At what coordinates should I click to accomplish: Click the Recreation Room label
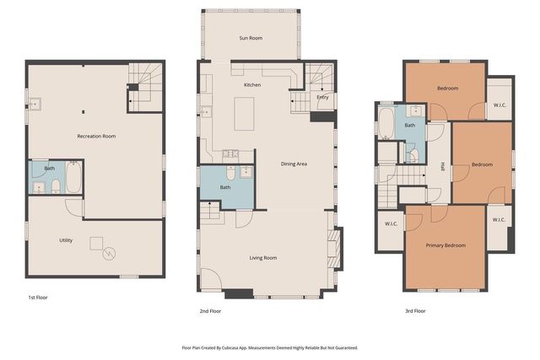95,136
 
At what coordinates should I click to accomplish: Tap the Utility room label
66,240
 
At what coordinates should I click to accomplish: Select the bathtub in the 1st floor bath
73,178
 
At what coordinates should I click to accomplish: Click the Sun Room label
251,38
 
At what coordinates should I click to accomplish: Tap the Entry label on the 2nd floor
322,97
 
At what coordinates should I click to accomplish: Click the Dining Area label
294,163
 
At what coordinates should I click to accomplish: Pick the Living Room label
264,258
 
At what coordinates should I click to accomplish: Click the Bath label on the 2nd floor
225,187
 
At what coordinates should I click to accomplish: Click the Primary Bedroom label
445,245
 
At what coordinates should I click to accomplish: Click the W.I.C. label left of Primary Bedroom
391,224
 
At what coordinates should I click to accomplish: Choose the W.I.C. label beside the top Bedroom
499,105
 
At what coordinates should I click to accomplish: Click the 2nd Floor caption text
210,311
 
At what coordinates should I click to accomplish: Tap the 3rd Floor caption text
415,311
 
